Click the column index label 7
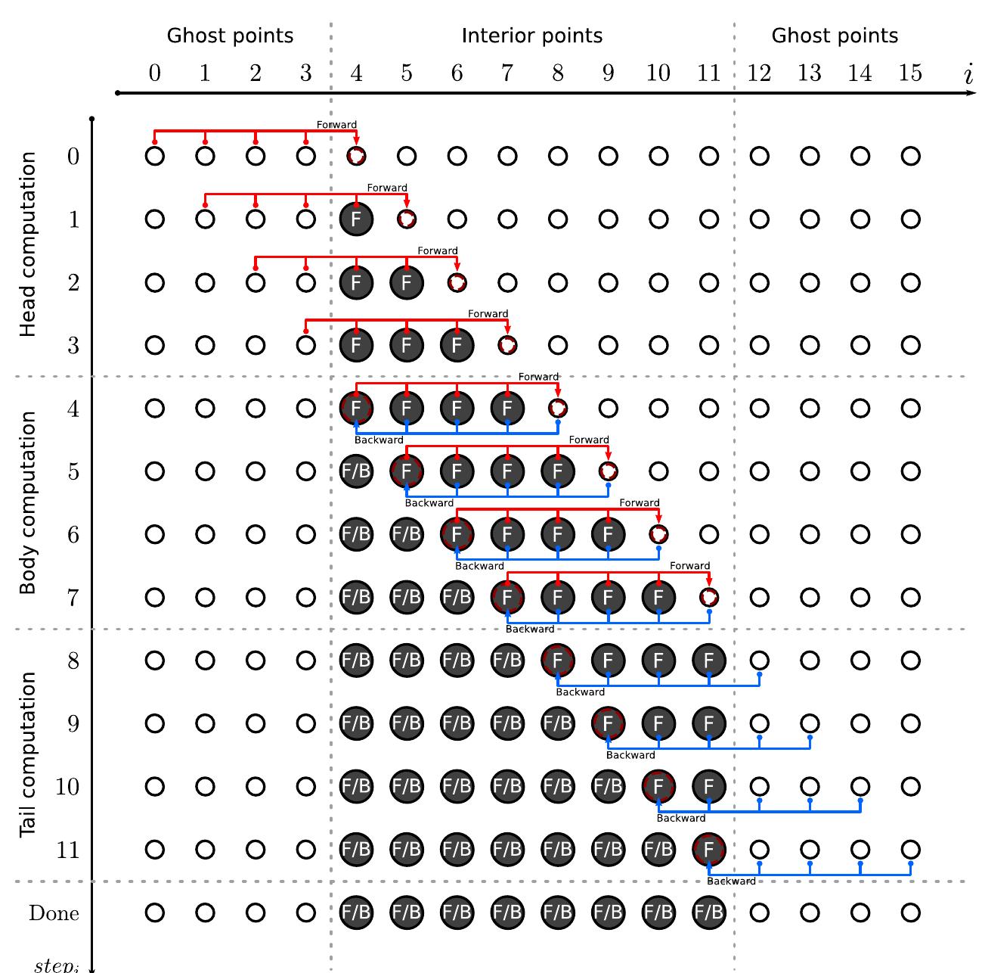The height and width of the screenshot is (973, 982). point(507,73)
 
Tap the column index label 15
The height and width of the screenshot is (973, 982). point(910,73)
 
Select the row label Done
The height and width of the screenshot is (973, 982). point(54,913)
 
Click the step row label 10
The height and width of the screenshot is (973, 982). point(67,787)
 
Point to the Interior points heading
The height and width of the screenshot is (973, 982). point(532,36)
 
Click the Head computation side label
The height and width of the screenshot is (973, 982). point(28,244)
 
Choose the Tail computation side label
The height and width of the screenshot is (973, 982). point(28,754)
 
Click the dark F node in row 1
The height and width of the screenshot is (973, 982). point(356,219)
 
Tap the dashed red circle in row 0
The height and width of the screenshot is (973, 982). point(356,157)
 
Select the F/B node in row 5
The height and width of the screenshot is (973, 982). point(356,471)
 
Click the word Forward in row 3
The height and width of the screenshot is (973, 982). point(488,313)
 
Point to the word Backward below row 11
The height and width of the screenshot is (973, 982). point(731,881)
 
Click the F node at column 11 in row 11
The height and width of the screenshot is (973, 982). point(708,850)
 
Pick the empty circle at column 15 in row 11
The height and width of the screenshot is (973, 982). point(910,850)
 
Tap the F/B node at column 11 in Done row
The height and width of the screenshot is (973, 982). point(708,913)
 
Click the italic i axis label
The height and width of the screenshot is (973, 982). point(968,74)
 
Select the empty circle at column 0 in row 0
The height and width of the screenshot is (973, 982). point(154,157)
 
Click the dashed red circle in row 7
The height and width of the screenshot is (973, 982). point(708,598)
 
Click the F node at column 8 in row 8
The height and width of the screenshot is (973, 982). point(557,661)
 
